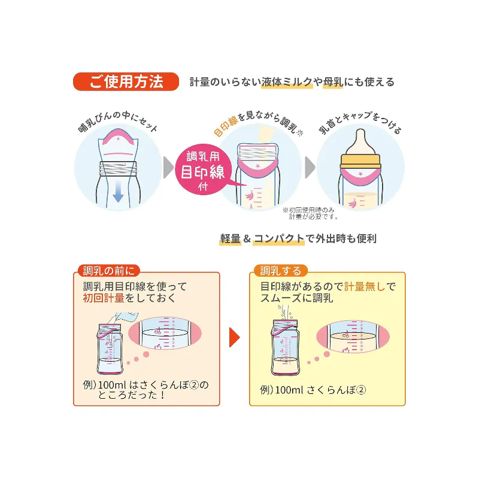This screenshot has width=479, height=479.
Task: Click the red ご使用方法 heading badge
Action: [x=126, y=81]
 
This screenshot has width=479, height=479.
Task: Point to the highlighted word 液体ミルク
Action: [x=287, y=82]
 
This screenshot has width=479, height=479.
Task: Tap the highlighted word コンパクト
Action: [x=278, y=239]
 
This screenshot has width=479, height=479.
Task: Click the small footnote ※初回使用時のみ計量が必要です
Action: [x=310, y=213]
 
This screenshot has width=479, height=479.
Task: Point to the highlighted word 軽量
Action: [x=229, y=239]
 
